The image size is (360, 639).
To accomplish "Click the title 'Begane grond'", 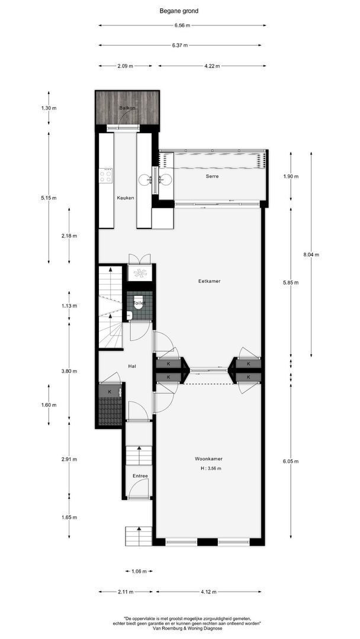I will [179, 10].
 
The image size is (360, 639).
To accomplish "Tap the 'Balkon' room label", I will [127, 108].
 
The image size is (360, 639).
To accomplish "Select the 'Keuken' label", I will [125, 198].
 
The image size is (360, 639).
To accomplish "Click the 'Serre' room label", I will [213, 177].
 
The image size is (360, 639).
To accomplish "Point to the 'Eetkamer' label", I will [209, 281].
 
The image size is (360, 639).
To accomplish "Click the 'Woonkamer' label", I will [209, 459].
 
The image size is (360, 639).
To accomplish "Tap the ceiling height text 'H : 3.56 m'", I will [211, 469].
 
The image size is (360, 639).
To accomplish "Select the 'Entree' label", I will [140, 476].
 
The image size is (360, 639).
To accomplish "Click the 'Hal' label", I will [132, 366].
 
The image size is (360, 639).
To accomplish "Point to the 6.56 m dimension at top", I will [182, 25].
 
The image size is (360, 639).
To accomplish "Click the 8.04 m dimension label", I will [311, 255].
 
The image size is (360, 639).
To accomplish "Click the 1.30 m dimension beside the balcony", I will [49, 108].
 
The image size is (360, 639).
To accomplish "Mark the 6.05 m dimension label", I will [291, 461].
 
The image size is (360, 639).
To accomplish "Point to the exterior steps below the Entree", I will [138, 536].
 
